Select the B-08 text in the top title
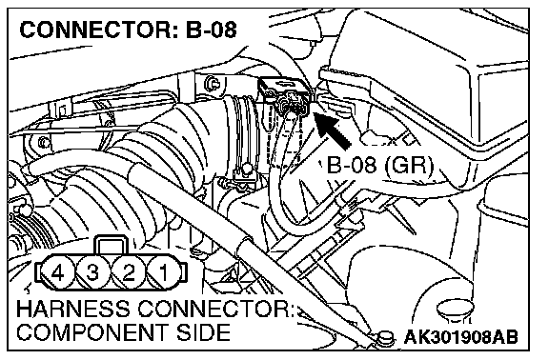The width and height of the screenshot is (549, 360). pyautogui.click(x=212, y=30)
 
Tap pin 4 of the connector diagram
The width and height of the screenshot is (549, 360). pyautogui.click(x=58, y=272)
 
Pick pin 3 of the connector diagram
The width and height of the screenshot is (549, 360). pyautogui.click(x=92, y=272)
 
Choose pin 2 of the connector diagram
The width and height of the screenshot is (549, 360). pyautogui.click(x=129, y=272)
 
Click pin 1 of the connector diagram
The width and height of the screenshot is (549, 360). pyautogui.click(x=164, y=272)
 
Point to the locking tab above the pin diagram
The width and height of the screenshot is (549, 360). pyautogui.click(x=112, y=245)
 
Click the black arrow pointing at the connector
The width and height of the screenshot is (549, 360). pyautogui.click(x=332, y=130)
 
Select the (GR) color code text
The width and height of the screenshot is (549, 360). pyautogui.click(x=409, y=165)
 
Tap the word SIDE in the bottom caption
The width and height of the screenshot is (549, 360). pyautogui.click(x=203, y=332)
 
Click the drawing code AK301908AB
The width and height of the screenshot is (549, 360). pyautogui.click(x=460, y=337)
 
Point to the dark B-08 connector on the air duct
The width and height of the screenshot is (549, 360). pyautogui.click(x=285, y=96)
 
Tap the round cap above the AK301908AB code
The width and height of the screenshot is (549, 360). pyautogui.click(x=456, y=310)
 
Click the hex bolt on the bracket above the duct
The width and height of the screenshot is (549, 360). pyautogui.click(x=212, y=84)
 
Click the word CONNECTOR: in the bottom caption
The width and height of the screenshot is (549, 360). pyautogui.click(x=215, y=309)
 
